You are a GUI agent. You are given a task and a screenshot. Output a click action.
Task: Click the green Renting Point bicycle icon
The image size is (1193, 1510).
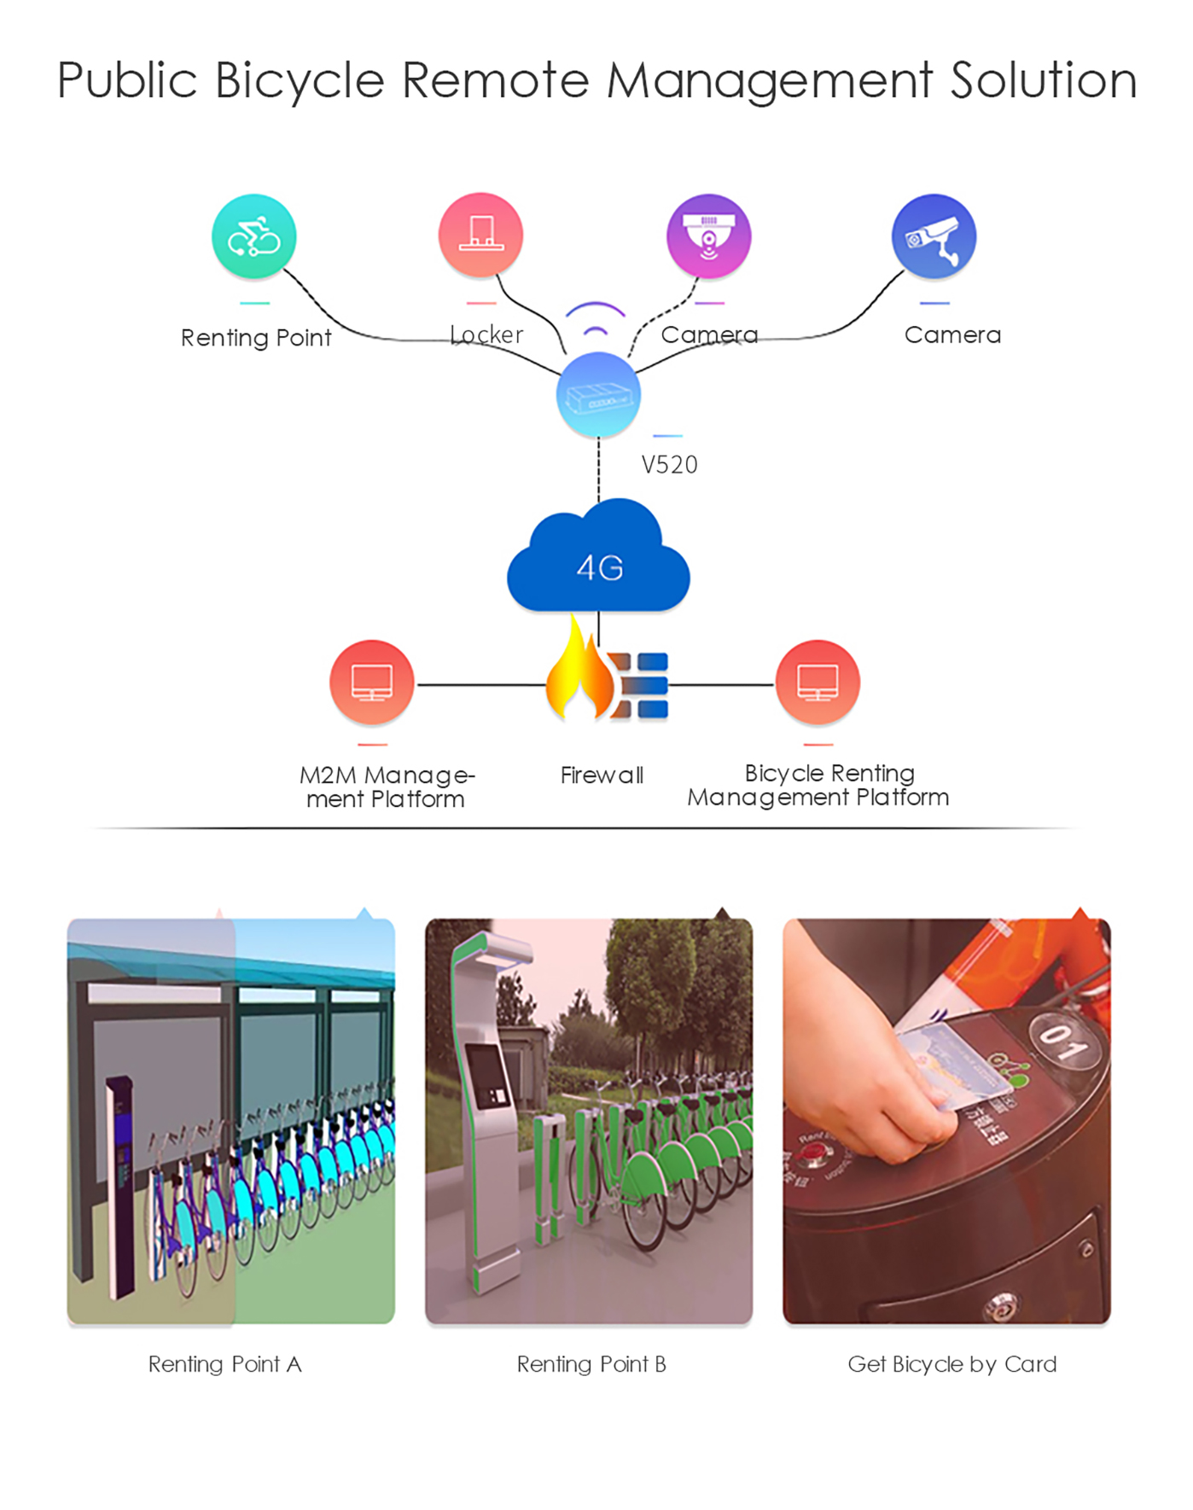(x=253, y=236)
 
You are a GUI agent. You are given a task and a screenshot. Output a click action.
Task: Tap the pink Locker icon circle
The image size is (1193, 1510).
(x=480, y=235)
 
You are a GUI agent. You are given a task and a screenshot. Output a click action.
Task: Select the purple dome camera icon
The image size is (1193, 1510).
(x=708, y=236)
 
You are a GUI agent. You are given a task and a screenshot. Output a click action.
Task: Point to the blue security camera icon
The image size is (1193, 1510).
(x=934, y=236)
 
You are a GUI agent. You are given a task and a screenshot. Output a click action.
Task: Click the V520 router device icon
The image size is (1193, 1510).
(x=598, y=395)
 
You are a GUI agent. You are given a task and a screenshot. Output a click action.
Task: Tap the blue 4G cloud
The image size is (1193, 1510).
(x=598, y=563)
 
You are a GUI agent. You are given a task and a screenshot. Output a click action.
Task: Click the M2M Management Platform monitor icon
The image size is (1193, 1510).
(x=372, y=682)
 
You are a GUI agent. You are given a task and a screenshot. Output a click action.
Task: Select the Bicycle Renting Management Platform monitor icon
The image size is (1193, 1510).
(x=818, y=682)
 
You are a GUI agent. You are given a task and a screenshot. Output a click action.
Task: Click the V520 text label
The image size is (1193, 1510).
(x=669, y=465)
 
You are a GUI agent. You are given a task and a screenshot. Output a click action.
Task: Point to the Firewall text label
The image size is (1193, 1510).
(x=602, y=775)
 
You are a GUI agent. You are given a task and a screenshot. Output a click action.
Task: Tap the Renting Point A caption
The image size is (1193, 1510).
(x=224, y=1364)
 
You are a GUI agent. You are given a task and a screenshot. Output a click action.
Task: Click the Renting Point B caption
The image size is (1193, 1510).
(x=591, y=1364)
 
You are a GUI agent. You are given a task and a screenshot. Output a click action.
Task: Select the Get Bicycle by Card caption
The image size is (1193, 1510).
(x=951, y=1364)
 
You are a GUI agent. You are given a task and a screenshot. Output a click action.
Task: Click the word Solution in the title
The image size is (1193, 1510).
(x=1043, y=81)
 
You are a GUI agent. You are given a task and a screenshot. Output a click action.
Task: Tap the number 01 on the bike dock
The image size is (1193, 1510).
(x=1062, y=1042)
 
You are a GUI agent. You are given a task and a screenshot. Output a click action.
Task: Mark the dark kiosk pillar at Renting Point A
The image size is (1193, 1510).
(x=121, y=1186)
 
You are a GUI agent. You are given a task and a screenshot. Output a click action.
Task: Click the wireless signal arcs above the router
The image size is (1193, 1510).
(x=596, y=319)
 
